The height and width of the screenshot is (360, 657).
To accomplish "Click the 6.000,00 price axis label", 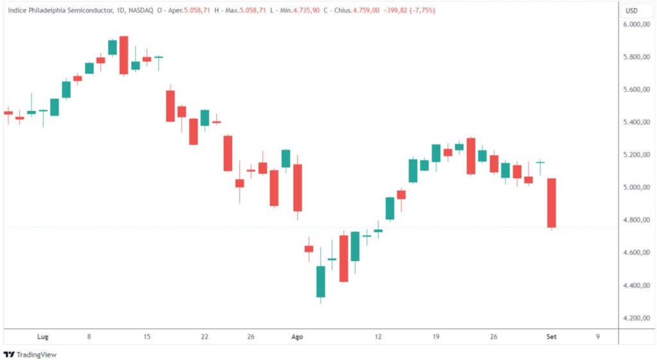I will pos(636,25).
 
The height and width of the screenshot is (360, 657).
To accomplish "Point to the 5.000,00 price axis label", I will pos(636,188).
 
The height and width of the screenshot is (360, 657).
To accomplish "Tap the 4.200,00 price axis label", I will pos(636,318).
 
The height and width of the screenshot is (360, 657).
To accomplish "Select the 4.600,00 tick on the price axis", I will pos(636,253).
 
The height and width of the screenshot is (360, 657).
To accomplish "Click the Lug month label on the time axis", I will pos(43,336).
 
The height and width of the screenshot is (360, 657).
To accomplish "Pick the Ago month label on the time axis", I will pos(297,336).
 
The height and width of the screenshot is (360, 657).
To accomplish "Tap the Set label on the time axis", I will pos(551,336).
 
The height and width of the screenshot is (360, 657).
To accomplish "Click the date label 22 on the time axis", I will pos(205,336).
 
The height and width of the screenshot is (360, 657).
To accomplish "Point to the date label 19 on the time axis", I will pos(436,336).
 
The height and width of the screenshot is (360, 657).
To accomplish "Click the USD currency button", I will pos(632,10).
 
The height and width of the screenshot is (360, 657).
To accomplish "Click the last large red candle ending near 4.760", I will pos(551,203).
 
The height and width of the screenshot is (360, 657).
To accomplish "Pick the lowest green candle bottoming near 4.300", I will pos(321,281).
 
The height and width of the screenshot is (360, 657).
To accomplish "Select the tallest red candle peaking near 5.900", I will pos(124,56).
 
